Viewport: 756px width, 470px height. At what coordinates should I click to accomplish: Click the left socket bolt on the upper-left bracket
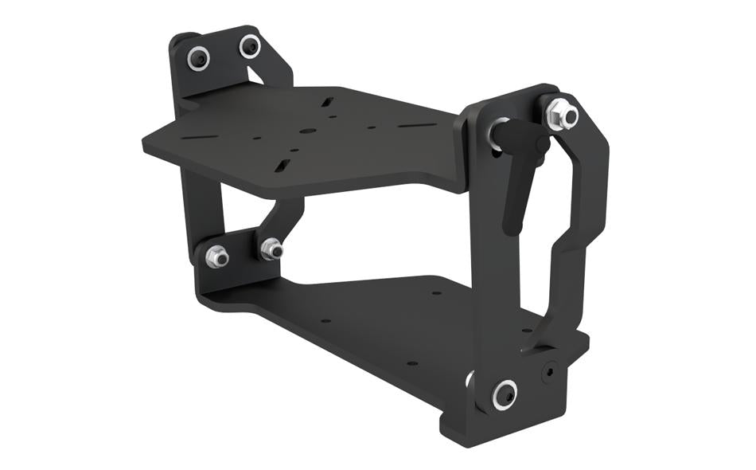tap(197, 57)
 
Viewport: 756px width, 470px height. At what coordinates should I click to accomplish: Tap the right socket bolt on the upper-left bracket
tap(250, 46)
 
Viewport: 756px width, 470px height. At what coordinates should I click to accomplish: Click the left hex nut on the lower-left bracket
tap(216, 257)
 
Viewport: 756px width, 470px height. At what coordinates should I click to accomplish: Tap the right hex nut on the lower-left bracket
tap(271, 249)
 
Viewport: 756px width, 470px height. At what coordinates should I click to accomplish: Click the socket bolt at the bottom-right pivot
tap(504, 393)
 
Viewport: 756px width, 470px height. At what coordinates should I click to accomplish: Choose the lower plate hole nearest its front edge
tap(411, 362)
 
